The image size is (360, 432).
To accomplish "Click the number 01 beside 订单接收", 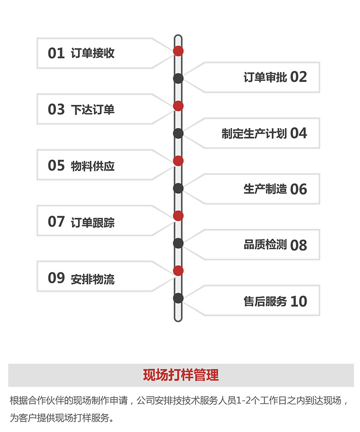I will coord(56,53).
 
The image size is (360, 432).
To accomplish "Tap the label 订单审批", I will coord(265,77).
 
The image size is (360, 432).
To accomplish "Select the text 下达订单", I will coord(93,109).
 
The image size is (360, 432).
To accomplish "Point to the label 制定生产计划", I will coord(254,134).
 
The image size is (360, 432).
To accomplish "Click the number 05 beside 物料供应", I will coord(56,165).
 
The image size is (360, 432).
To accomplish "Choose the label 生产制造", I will coord(265,189).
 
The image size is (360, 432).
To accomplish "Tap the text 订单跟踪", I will coord(93,222).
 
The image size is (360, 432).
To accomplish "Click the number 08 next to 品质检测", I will coord(298,245).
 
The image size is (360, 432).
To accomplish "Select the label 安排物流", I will coord(93,278).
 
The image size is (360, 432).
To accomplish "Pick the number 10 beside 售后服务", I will coord(298,301).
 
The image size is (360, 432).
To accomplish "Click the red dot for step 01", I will coord(178,51).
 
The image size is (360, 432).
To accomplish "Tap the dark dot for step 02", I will coord(178,78).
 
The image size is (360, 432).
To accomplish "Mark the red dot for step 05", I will coord(178,160).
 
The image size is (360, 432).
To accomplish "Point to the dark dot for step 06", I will coord(178,188).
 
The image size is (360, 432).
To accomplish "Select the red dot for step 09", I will coord(178,271).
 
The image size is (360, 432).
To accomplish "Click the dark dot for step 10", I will coord(178,298).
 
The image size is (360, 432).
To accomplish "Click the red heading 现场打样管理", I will coord(180,375).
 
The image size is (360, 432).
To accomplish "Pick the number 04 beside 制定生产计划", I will coord(298,133).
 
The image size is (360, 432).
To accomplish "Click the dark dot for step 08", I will coord(178,243).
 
